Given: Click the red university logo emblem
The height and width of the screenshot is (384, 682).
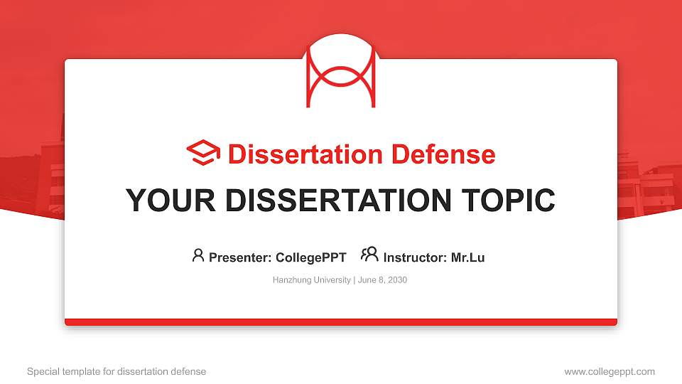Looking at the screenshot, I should (340, 71).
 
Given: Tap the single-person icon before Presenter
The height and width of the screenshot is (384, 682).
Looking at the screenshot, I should (198, 255).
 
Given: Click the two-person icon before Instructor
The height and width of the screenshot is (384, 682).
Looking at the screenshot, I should (369, 255).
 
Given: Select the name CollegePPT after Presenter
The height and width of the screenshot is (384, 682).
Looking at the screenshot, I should (310, 257).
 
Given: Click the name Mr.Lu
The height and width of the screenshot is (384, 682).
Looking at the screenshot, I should (467, 257).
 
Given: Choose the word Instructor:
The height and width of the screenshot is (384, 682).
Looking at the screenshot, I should (415, 257).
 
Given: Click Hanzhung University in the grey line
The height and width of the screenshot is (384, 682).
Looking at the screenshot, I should (311, 280).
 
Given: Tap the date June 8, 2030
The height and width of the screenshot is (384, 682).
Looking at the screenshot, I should (382, 280).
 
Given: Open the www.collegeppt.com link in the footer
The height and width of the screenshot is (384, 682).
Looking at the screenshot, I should (609, 371).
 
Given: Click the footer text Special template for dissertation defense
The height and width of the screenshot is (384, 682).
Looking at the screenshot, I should (117, 371).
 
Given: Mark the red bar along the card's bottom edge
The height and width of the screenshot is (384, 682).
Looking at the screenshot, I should (341, 322).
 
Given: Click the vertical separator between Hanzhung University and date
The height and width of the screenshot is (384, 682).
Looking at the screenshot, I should (354, 280).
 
